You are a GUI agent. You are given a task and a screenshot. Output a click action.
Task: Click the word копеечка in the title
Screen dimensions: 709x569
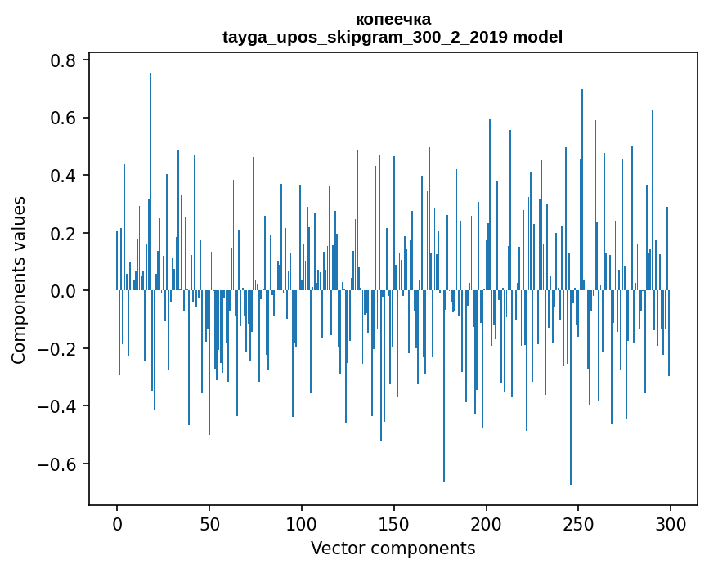[393, 19]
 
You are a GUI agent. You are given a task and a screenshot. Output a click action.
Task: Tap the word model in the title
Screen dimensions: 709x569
[537, 37]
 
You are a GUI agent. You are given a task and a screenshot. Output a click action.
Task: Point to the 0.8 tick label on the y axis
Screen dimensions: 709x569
[63, 60]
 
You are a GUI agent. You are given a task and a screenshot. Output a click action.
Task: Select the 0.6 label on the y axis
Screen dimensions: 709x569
[63, 118]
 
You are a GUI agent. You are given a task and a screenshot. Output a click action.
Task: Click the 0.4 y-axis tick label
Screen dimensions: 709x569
[63, 175]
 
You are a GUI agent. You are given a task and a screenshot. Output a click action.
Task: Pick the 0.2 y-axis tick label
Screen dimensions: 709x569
[63, 233]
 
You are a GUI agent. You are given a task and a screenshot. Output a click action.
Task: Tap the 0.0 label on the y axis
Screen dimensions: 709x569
[63, 291]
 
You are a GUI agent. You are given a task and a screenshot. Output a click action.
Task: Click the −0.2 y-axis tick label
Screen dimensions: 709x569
[56, 348]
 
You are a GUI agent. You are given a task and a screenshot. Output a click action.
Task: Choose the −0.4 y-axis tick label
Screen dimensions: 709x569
[56, 406]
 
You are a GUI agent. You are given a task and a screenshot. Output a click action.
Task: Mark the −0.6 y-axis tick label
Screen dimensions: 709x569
[56, 464]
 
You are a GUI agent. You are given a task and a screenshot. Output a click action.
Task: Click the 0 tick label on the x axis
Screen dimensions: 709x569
[117, 525]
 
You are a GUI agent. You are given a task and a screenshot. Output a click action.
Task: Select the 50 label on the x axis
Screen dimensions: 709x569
[209, 525]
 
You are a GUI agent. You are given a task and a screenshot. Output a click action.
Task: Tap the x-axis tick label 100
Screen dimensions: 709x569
[302, 525]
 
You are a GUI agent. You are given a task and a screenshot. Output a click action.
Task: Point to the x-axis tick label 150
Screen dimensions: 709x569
[394, 525]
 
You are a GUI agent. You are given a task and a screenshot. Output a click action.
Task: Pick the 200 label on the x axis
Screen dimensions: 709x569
[486, 525]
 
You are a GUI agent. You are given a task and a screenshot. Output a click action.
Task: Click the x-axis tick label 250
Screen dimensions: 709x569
[578, 525]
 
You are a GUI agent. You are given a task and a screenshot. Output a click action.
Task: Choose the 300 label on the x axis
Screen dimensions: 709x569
[671, 525]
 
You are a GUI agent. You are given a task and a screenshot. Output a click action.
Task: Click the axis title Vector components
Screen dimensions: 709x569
[393, 549]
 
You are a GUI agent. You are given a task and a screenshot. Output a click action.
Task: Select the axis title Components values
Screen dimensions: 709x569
[19, 280]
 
